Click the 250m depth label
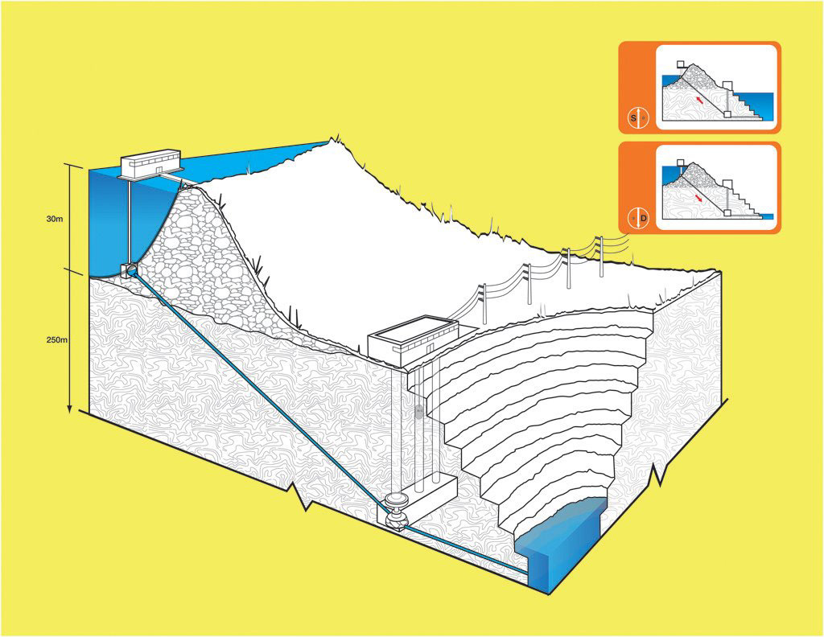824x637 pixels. point(56,339)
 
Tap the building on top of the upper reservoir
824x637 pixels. point(150,163)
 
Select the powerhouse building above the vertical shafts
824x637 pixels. point(412,339)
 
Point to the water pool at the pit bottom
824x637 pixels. point(560,539)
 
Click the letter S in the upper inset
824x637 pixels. point(633,118)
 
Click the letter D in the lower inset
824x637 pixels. point(643,218)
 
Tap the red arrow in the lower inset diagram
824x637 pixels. point(700,196)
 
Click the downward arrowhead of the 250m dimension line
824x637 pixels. point(70,409)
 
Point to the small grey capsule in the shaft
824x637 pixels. point(418,412)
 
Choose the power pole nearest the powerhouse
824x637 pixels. point(484,302)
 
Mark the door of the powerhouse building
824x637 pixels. point(431,347)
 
